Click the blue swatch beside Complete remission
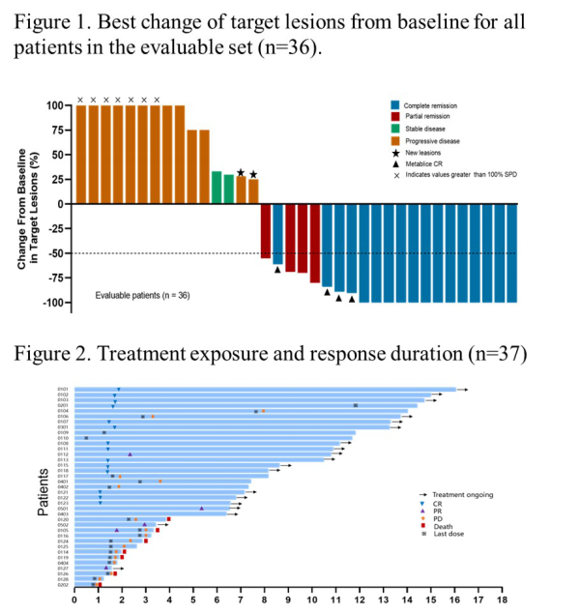394,104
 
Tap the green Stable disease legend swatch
394,129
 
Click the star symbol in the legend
394,153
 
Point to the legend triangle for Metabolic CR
394,164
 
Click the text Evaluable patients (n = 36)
142,294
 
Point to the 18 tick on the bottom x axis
501,599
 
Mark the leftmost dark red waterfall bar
266,231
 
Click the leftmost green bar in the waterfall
217,188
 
